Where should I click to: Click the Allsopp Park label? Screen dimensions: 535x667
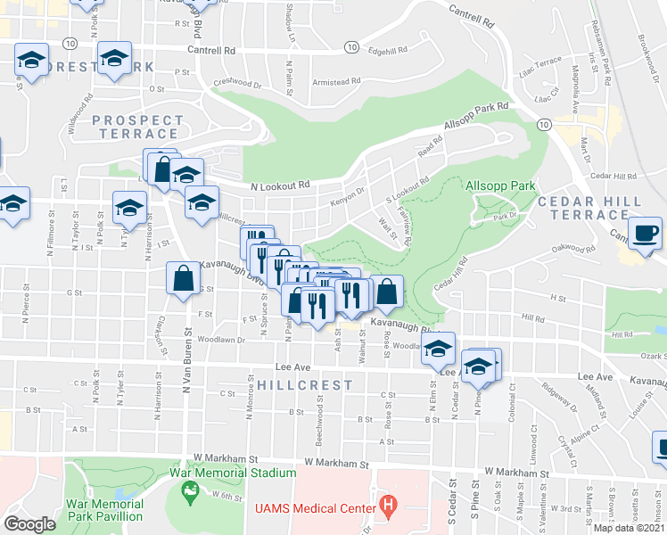click(x=499, y=185)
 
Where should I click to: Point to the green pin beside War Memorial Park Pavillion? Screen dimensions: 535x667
click(x=189, y=490)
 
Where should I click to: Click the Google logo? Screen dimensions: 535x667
click(x=29, y=524)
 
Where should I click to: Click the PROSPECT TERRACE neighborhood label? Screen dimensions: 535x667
click(x=137, y=127)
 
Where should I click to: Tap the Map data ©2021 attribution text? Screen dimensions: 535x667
click(x=629, y=528)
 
